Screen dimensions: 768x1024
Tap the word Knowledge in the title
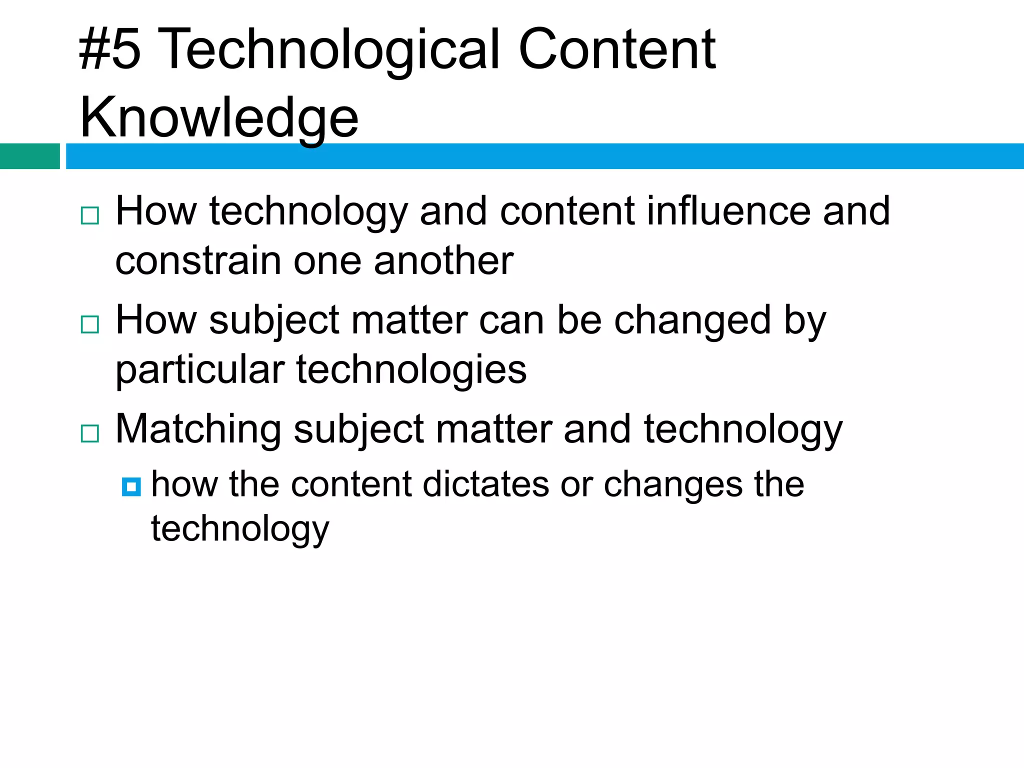click(x=219, y=118)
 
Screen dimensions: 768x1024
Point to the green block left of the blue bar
click(x=30, y=156)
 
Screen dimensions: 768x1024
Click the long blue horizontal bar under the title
click(x=545, y=156)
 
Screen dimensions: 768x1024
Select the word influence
click(x=728, y=211)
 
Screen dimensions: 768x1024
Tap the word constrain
click(x=198, y=261)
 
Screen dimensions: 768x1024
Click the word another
click(x=443, y=261)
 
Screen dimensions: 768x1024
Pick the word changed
click(x=692, y=320)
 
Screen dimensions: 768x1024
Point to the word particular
click(x=200, y=370)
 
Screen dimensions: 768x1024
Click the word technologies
click(x=411, y=370)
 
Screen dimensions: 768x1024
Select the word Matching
click(x=198, y=429)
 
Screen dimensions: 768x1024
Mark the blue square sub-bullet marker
click(x=131, y=486)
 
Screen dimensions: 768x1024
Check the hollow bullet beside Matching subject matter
click(x=90, y=433)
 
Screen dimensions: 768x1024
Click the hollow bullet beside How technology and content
click(x=90, y=215)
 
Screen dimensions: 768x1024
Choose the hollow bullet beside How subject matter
click(x=90, y=324)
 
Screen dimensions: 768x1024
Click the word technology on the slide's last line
click(x=240, y=529)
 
